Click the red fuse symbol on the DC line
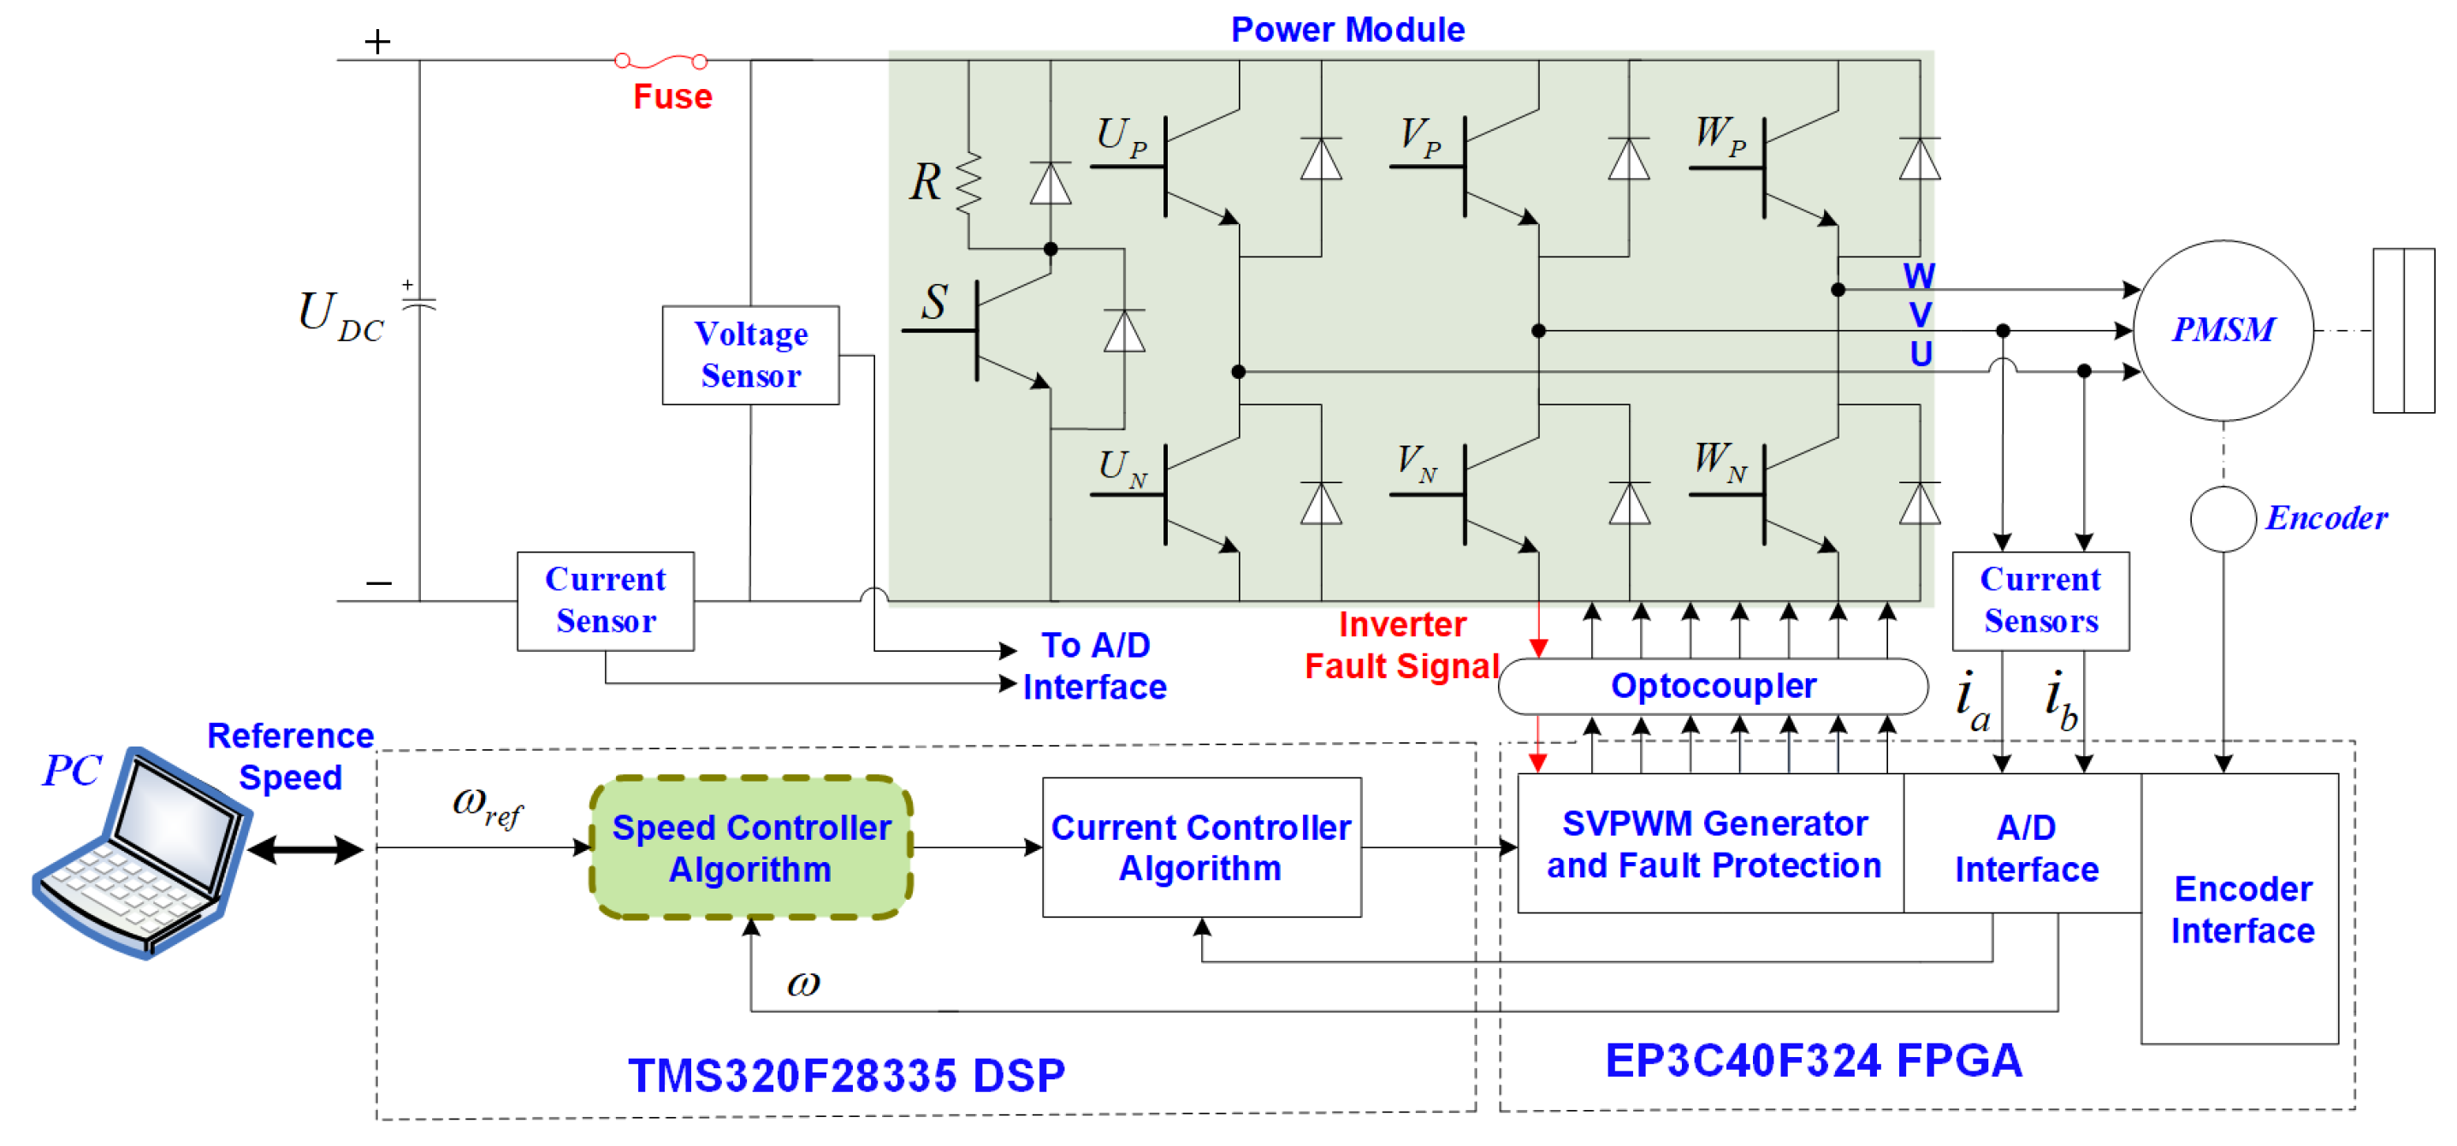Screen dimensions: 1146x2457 coord(661,62)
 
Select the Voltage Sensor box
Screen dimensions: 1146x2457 coord(750,355)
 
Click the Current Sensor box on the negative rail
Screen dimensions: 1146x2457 coord(605,600)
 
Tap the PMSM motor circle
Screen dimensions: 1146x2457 coord(2223,330)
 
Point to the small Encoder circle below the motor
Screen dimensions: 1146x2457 coord(2223,518)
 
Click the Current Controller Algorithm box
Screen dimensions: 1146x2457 coord(1201,848)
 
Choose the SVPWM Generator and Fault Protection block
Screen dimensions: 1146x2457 coord(1712,844)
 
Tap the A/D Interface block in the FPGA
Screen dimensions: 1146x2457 coord(2025,848)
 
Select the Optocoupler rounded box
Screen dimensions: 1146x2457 coord(1712,686)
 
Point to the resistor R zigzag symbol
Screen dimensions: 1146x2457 coord(968,183)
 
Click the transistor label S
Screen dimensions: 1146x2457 coord(933,302)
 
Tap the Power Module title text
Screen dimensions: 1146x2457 coord(1347,30)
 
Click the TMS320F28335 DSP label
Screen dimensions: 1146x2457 coord(846,1076)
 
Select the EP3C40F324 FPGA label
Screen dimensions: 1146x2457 coord(1812,1060)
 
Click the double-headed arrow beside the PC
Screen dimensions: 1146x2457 coord(305,848)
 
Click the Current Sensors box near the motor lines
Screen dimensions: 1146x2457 coord(2040,600)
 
